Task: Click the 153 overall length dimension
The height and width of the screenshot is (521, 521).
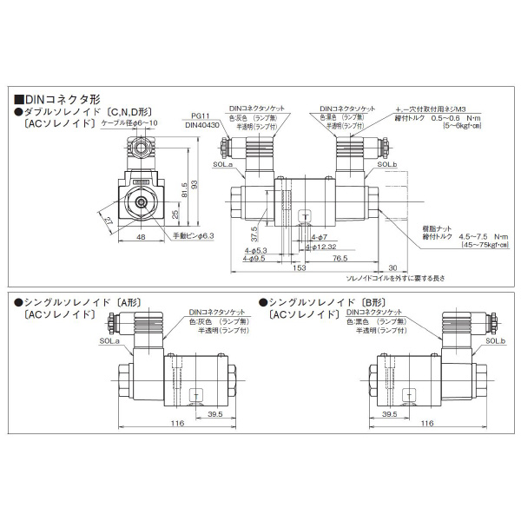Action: [299, 268]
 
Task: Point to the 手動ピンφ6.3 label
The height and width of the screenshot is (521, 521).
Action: [193, 234]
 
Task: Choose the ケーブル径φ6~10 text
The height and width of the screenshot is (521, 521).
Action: [130, 123]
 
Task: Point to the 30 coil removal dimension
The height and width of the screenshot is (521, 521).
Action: [392, 268]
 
